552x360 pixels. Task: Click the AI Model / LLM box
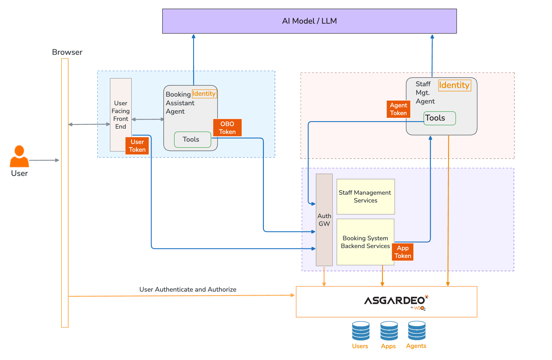[x=309, y=21]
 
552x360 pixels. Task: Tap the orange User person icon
[x=19, y=157]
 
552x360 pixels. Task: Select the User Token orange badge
[x=137, y=146]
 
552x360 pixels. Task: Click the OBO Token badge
[x=227, y=128]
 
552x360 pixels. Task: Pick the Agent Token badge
[x=398, y=109]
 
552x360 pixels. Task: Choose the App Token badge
[x=403, y=252]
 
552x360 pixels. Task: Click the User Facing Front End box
[x=121, y=115]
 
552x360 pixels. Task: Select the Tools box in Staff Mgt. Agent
[x=439, y=118]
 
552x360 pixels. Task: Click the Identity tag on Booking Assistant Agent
[x=204, y=94]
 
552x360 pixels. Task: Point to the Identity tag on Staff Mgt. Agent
[x=454, y=85]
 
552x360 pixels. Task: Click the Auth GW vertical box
[x=324, y=220]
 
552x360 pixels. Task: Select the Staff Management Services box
[x=365, y=196]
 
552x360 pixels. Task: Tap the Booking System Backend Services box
[x=365, y=242]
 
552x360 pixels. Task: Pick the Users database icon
[x=361, y=331]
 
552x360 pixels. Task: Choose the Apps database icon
[x=389, y=331]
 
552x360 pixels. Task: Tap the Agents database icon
[x=417, y=331]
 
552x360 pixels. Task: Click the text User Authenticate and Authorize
[x=188, y=289]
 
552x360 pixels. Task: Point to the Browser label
[x=67, y=52]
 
